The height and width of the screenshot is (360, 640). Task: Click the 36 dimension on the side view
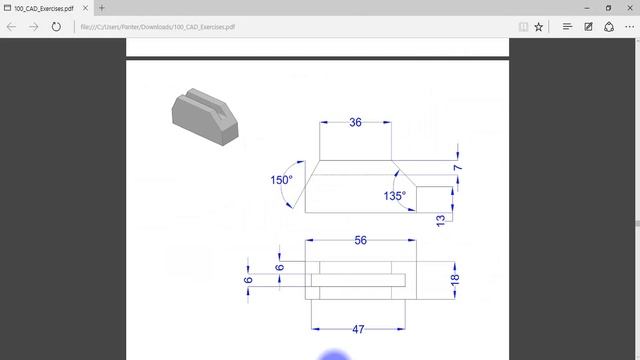[x=355, y=123]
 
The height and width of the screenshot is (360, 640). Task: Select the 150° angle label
[x=281, y=180]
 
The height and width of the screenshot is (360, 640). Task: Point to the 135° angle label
[x=395, y=195]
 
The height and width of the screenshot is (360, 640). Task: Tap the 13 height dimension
[x=441, y=219]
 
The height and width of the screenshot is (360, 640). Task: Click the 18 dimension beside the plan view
[x=455, y=280]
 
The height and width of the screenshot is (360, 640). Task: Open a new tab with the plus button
[x=101, y=8]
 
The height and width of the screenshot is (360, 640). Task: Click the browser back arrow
[x=11, y=27]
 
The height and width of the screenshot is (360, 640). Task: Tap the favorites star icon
[x=538, y=27]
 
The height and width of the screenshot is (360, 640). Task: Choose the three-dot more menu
[x=632, y=27]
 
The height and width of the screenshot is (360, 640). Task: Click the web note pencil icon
[x=588, y=27]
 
